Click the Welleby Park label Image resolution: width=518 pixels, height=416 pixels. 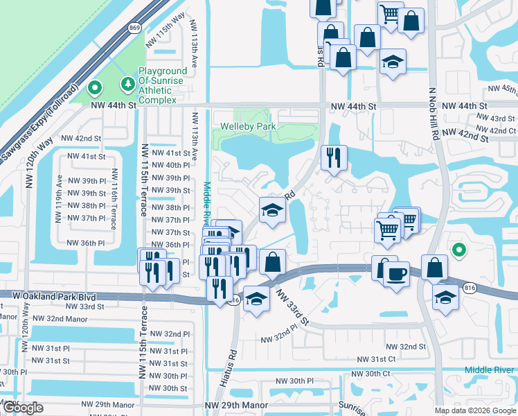click(248, 127)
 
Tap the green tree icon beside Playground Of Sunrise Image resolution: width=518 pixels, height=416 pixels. click(127, 85)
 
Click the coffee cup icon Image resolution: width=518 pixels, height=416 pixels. click(396, 274)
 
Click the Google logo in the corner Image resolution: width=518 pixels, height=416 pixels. click(24, 408)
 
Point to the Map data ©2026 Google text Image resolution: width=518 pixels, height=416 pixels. click(475, 410)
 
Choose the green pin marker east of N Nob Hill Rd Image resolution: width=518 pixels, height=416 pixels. click(457, 250)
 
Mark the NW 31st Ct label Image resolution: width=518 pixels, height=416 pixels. click(376, 359)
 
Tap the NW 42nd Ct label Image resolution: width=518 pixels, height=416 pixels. click(492, 130)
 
